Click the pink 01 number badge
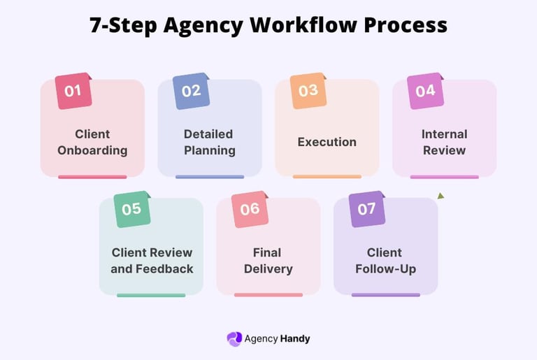[73, 91]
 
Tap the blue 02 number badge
[191, 91]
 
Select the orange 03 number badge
[308, 91]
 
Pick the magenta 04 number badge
[425, 91]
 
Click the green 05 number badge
[132, 209]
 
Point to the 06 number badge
[250, 209]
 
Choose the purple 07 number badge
[366, 209]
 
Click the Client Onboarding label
[92, 142]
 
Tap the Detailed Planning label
[209, 142]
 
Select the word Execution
[327, 142]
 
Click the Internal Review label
[444, 142]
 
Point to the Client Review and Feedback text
[152, 260]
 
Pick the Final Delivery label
[268, 260]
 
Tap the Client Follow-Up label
[385, 260]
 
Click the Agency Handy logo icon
[234, 338]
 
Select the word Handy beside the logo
[295, 339]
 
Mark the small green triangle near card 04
[441, 196]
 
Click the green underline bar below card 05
[151, 295]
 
